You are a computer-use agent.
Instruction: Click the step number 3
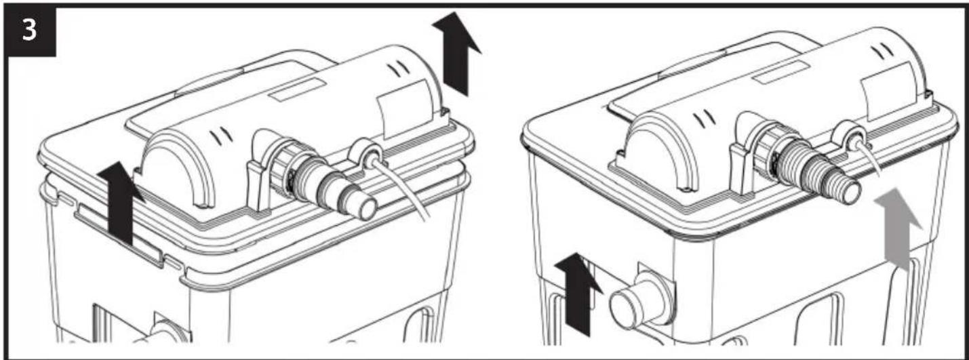29,31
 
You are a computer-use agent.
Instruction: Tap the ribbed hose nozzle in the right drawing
818,173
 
